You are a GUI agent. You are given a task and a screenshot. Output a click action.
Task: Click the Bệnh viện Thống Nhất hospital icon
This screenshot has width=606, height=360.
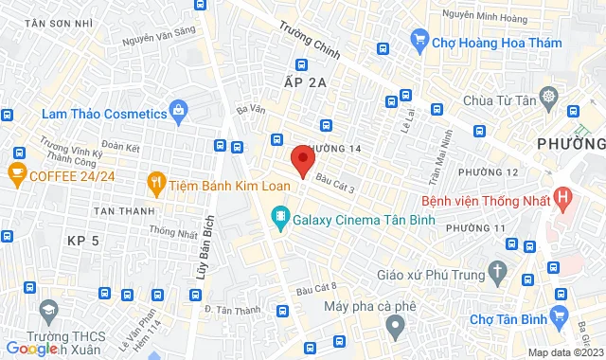[x=564, y=199]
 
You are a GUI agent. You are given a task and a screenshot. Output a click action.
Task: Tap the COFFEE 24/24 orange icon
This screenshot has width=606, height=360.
[x=15, y=172]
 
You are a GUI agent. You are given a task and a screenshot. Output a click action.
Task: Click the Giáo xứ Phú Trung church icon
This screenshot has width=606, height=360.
[x=498, y=271]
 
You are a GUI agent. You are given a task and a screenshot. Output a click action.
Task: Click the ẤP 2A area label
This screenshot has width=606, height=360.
[x=304, y=83]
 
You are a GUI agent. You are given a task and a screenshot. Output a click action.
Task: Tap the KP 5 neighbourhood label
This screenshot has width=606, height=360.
[x=83, y=241]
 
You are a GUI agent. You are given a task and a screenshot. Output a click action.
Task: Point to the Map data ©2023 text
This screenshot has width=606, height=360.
[x=564, y=352]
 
